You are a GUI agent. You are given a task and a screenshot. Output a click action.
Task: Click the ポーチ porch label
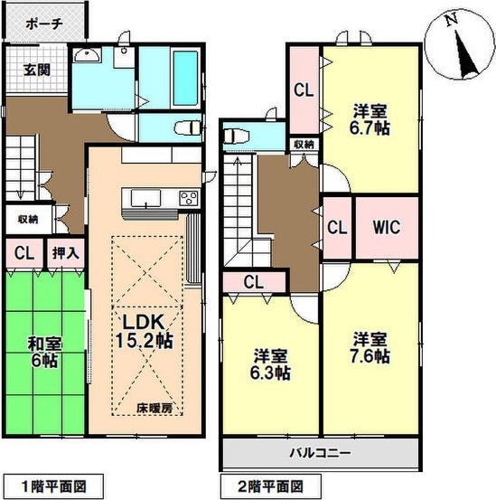pos(45,24)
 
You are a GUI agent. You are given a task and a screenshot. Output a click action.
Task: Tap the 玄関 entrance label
pos(37,71)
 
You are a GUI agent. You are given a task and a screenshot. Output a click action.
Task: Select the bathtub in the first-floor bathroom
pos(186,78)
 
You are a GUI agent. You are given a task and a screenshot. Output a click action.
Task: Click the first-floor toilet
pos(188,128)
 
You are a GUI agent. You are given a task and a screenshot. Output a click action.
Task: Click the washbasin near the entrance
pos(87,55)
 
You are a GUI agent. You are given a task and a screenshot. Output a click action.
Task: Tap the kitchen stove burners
pos(189,197)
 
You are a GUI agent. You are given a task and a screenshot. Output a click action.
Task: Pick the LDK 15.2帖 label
pos(144,331)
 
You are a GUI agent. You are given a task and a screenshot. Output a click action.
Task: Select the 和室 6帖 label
pos(44,353)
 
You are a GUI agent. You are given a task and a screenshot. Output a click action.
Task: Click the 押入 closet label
pos(65,253)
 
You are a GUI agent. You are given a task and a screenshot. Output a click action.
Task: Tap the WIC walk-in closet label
pos(387,227)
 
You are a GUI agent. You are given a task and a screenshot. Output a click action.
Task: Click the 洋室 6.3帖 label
pos(270,364)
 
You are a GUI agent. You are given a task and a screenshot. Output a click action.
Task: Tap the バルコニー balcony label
pos(320,453)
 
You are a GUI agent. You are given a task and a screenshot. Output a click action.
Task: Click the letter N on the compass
pos(452,20)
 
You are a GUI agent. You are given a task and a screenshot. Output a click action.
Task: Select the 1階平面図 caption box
pos(53,486)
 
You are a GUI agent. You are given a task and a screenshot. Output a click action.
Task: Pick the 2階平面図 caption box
pos(270,486)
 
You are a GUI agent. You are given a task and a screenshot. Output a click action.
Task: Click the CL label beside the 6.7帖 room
pos(304,90)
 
